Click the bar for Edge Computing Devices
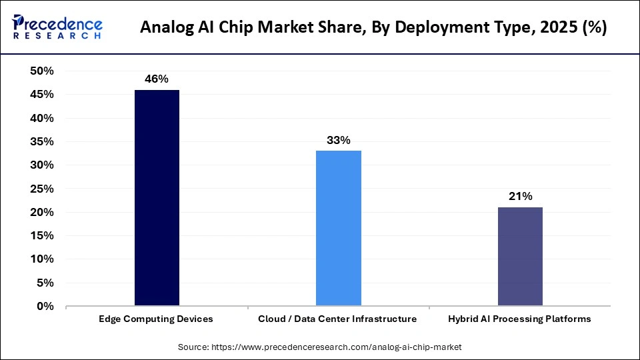click(x=157, y=198)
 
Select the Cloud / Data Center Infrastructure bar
click(x=339, y=228)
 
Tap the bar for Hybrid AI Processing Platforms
click(x=520, y=257)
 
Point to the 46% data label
click(x=157, y=79)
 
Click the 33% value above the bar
click(x=339, y=140)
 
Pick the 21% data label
click(x=520, y=197)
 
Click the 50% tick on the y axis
click(x=42, y=71)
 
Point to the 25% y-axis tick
click(x=42, y=189)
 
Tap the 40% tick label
click(x=42, y=118)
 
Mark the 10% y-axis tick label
click(x=42, y=259)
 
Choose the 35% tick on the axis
click(x=42, y=142)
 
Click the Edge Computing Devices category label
click(x=157, y=319)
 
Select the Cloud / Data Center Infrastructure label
click(x=338, y=319)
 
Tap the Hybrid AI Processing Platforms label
click(x=520, y=319)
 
